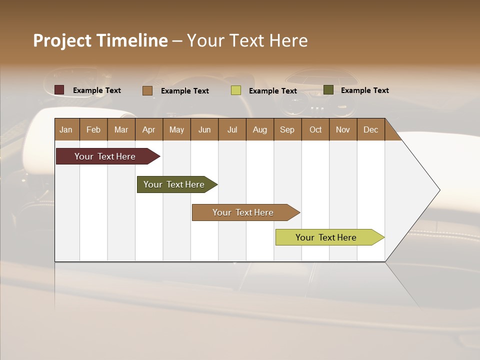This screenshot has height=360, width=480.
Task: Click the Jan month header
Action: pos(66,129)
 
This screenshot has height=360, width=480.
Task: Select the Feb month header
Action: pos(93,129)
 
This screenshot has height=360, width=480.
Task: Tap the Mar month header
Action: pos(121,129)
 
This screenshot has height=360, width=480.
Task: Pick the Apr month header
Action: pos(148,129)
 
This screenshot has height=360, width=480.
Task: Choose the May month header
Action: pos(176,129)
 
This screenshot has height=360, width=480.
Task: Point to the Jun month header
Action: pos(204,129)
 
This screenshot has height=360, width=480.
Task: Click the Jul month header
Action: pos(232,129)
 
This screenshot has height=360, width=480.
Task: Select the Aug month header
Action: pos(259,129)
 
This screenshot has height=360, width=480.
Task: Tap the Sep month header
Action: pos(287,129)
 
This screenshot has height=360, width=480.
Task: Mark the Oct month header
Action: pos(315,129)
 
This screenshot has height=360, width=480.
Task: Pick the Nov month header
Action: pos(343,129)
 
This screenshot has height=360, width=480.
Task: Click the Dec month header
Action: pos(370,129)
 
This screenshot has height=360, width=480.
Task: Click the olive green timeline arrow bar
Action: pos(175,184)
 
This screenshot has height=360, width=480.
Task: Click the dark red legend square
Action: pos(59,90)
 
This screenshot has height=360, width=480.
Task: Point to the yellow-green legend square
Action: pos(236,90)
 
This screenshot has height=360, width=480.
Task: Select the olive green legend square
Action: pos(328,90)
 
